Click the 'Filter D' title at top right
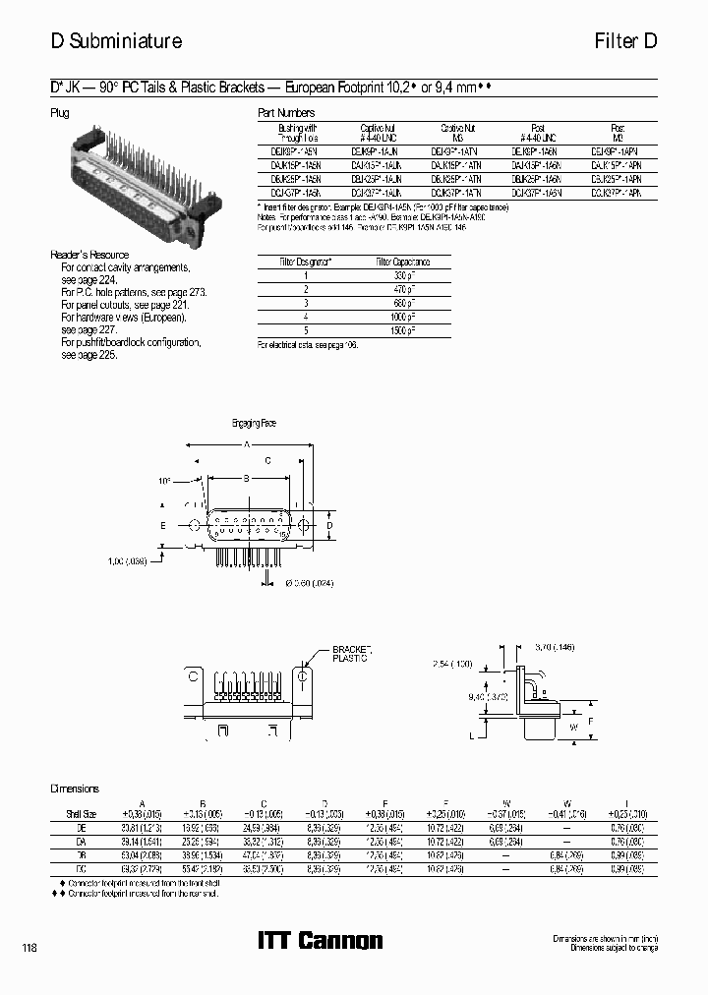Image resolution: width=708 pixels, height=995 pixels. [x=624, y=42]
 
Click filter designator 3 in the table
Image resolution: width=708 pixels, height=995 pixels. [x=306, y=304]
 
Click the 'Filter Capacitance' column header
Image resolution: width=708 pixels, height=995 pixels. [x=402, y=263]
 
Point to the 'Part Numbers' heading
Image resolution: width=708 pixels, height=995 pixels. [x=286, y=113]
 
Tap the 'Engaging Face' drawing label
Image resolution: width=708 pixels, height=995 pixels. [x=254, y=423]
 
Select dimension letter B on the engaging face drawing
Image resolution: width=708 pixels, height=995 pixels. [x=246, y=477]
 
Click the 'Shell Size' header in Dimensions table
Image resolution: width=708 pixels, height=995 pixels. [x=81, y=814]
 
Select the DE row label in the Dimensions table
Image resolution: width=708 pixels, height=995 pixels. [x=81, y=828]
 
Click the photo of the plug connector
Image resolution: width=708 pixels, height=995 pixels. [x=137, y=173]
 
